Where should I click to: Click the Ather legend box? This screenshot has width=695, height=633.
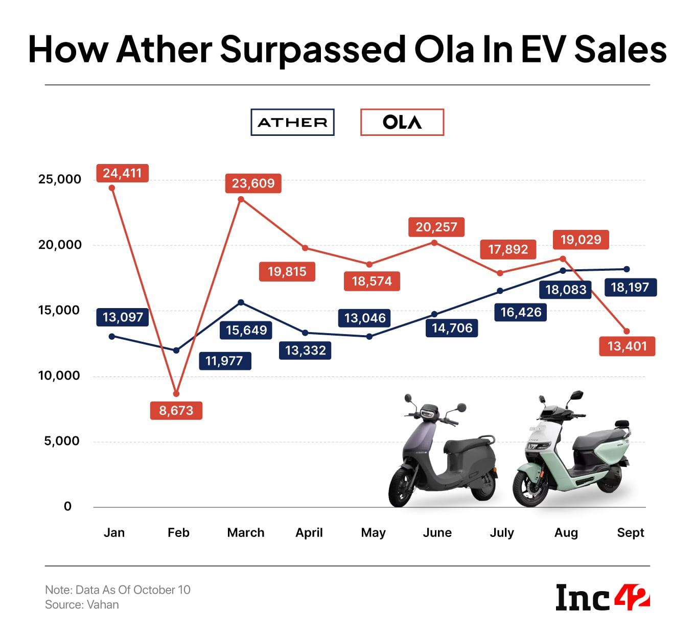(292, 122)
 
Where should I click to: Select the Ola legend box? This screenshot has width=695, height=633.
(402, 122)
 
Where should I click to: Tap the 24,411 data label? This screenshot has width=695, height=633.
(122, 173)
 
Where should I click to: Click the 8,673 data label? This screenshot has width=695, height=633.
(176, 410)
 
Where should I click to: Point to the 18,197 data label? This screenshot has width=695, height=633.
(630, 287)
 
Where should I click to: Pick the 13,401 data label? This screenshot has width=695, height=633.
(627, 346)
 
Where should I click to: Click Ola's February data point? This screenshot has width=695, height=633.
(176, 394)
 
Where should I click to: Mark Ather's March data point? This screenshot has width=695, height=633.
(241, 302)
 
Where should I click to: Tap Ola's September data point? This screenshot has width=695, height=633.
(627, 332)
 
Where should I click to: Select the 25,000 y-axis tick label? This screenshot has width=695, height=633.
(60, 179)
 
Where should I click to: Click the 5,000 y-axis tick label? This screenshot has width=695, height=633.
(62, 441)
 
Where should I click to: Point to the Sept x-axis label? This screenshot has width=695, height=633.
(630, 532)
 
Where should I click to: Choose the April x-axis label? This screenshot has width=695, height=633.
(309, 532)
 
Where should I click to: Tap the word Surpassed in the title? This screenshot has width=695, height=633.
(313, 50)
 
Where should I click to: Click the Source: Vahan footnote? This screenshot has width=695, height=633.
(82, 604)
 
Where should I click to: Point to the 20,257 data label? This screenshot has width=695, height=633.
(436, 227)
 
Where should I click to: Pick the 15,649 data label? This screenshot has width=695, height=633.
(246, 330)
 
